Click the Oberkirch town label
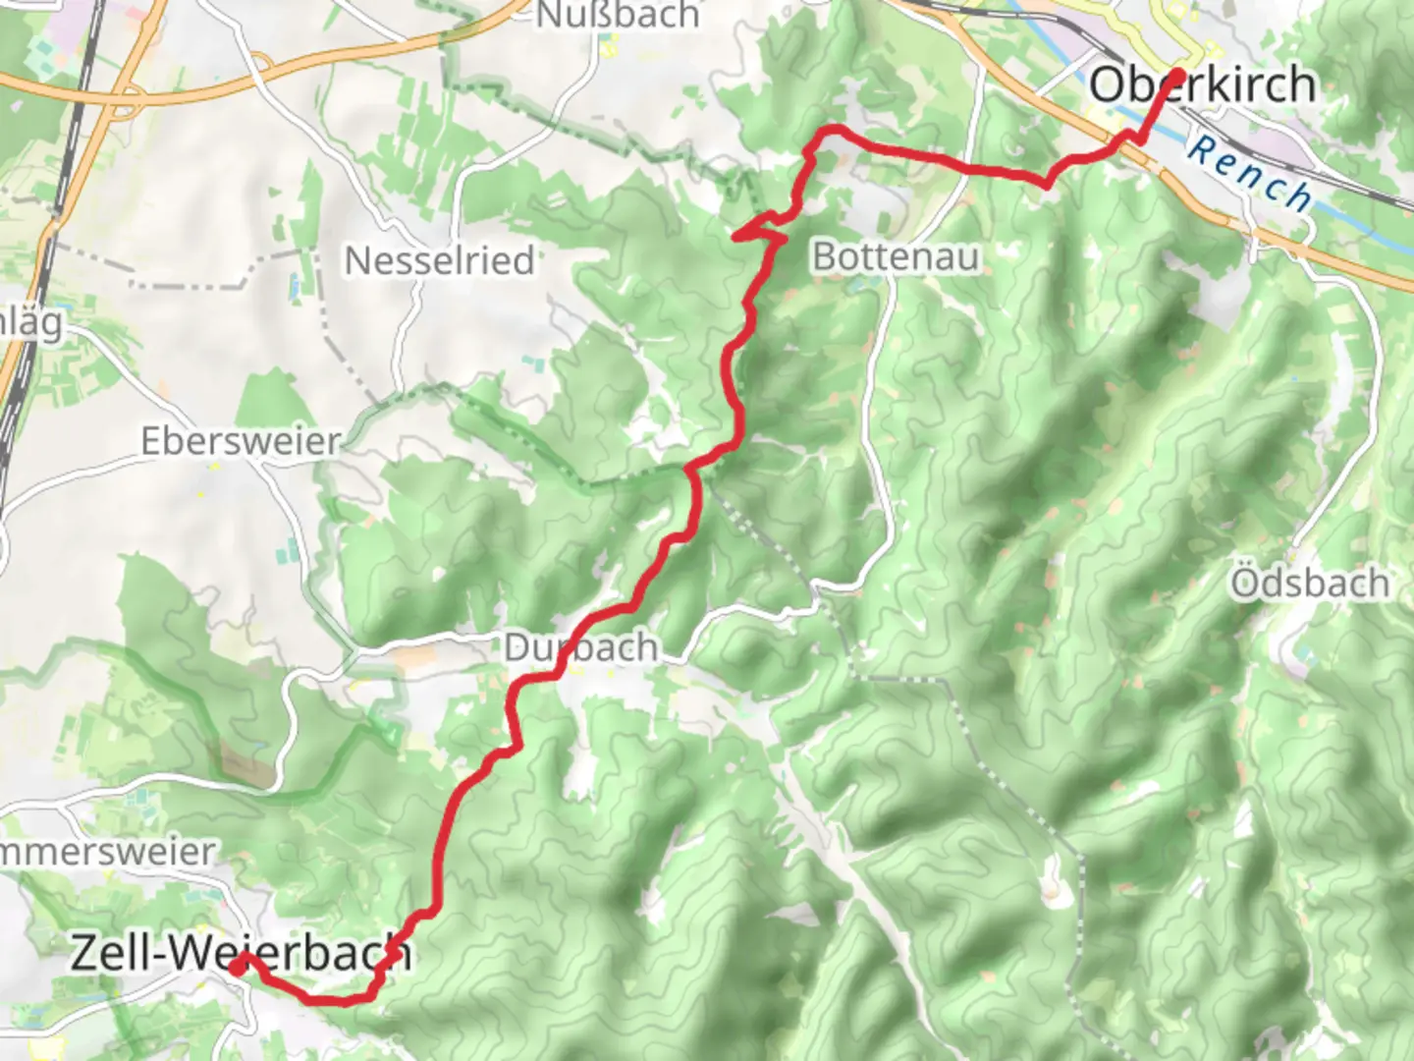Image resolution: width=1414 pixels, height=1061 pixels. (1202, 84)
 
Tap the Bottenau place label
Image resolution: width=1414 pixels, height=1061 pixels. (896, 257)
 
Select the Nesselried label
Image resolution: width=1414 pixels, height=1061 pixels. (439, 261)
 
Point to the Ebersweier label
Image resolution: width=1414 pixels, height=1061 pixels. (241, 441)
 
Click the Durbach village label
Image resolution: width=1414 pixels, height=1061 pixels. (580, 648)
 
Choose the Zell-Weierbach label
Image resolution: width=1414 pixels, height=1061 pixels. (241, 953)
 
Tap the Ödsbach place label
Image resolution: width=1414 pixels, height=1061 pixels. (1310, 584)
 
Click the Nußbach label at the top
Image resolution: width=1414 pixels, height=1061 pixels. (617, 15)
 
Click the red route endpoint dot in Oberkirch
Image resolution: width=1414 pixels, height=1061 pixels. (1176, 74)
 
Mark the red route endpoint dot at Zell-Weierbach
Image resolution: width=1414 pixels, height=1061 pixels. (238, 967)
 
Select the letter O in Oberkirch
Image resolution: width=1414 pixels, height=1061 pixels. (1109, 84)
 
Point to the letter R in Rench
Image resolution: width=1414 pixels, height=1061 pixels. (1200, 150)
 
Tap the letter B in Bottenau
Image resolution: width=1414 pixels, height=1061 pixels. (824, 257)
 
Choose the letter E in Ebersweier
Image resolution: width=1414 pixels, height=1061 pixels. (150, 441)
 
